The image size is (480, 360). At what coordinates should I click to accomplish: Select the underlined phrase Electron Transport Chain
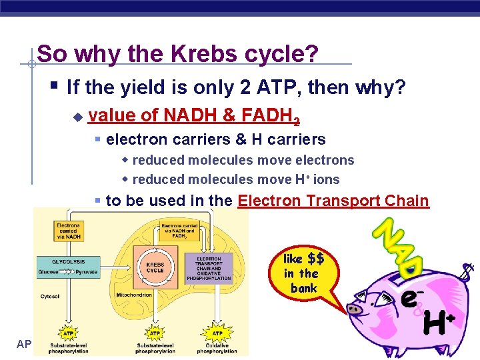tap(333, 201)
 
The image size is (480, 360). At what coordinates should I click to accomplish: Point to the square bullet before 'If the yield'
tap(54, 85)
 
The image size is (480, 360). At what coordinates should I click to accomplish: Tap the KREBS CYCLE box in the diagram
tap(155, 266)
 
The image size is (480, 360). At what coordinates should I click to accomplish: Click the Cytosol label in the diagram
tap(50, 296)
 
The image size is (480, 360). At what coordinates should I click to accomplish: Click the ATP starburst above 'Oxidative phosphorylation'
tap(217, 333)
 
